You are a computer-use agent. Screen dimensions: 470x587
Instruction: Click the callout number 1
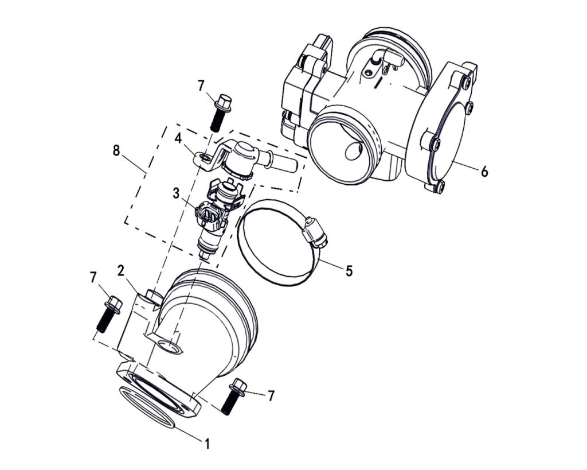[x=208, y=444]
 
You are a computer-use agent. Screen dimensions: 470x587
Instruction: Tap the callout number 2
[x=121, y=270]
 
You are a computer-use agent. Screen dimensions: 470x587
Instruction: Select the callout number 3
[x=177, y=193]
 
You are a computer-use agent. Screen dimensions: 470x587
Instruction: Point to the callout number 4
[x=178, y=138]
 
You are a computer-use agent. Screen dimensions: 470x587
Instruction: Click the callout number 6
[x=484, y=171]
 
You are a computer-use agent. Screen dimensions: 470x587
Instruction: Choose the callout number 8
[x=117, y=151]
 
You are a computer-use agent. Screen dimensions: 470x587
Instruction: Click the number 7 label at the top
[x=201, y=86]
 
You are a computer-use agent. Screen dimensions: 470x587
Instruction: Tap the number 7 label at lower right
[x=271, y=395]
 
